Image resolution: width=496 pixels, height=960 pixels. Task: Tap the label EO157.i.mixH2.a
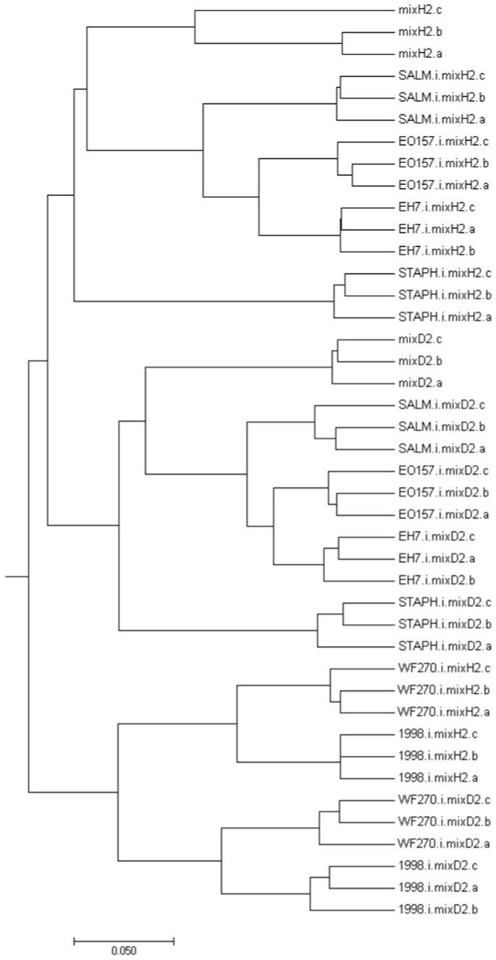(433, 184)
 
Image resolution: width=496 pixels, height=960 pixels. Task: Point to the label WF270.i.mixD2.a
(432, 844)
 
